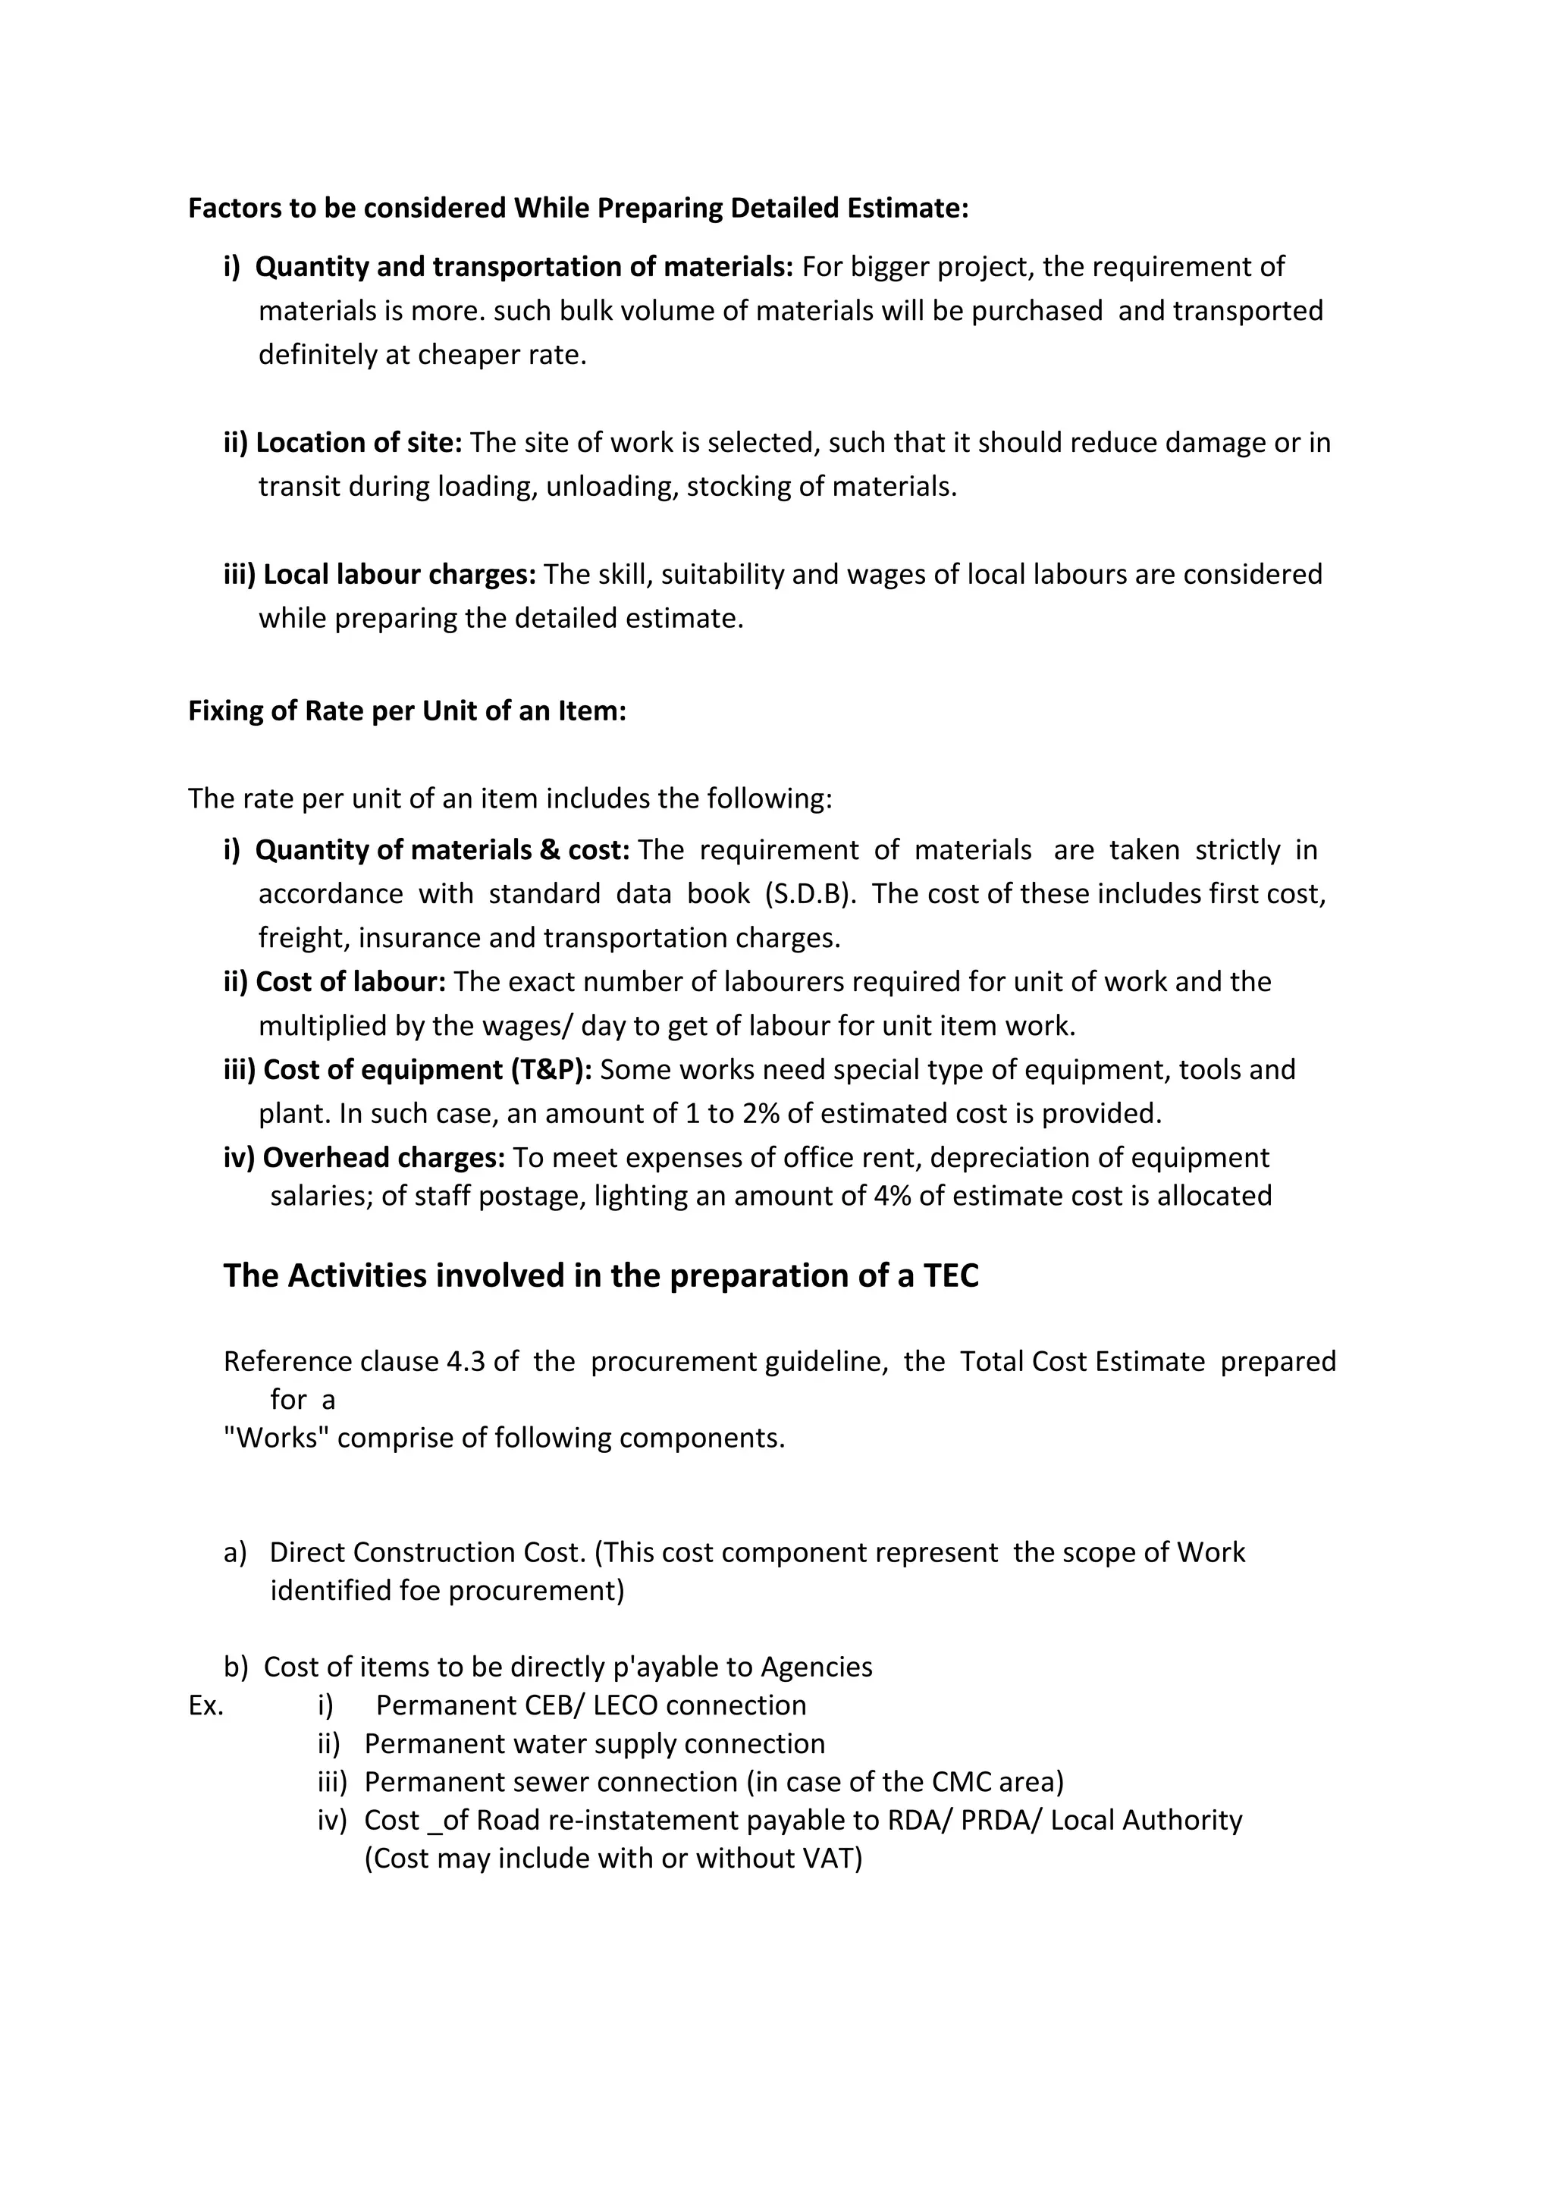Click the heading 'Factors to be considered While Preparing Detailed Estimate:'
coord(578,208)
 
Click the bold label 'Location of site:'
coord(359,442)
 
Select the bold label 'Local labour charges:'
coord(399,574)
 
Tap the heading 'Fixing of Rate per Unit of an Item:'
coord(406,711)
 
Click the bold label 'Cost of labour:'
coord(351,981)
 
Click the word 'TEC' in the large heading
coord(952,1276)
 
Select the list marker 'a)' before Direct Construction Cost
coord(234,1552)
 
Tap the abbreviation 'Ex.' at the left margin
coord(205,1705)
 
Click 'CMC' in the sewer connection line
coord(959,1782)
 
